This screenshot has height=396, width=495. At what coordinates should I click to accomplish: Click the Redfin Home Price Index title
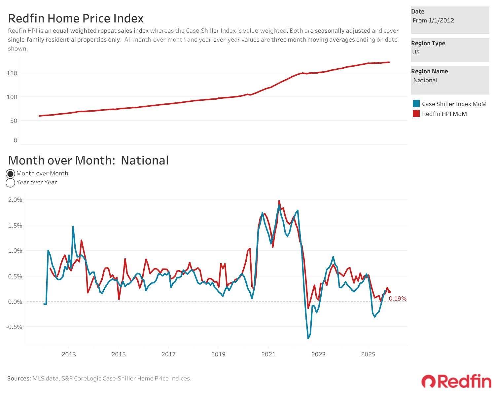click(x=76, y=18)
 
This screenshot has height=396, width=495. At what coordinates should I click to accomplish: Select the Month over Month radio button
click(x=11, y=174)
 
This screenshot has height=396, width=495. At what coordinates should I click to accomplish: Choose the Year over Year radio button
click(x=11, y=183)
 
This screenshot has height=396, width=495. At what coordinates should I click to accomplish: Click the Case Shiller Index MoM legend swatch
click(x=416, y=104)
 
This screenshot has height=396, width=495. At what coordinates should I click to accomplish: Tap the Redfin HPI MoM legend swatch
click(x=416, y=114)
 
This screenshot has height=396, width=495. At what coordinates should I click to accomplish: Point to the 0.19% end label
click(x=397, y=299)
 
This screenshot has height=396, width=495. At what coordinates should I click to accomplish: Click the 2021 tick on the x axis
click(x=268, y=354)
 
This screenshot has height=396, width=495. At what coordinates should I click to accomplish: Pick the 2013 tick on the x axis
click(x=69, y=354)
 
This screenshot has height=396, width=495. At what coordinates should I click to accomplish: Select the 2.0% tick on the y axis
click(x=15, y=200)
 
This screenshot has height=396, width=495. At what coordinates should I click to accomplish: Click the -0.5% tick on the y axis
click(x=14, y=327)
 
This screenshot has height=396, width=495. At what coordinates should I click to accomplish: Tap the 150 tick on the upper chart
click(x=12, y=73)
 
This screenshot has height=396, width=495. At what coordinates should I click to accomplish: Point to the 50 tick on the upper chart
click(x=14, y=121)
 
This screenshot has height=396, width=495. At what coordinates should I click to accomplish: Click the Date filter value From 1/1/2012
click(x=433, y=20)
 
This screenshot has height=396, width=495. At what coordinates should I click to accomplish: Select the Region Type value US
click(x=416, y=52)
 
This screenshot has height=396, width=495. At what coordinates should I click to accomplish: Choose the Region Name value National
click(x=425, y=80)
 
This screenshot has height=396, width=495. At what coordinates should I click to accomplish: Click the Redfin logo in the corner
click(x=456, y=381)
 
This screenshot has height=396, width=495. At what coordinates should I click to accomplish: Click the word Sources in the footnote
click(x=19, y=378)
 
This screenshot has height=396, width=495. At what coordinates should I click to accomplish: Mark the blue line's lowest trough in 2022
click(x=308, y=338)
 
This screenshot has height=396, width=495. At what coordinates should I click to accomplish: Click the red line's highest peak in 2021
click(x=279, y=201)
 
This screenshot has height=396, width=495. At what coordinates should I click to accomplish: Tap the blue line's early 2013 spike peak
click(x=73, y=227)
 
